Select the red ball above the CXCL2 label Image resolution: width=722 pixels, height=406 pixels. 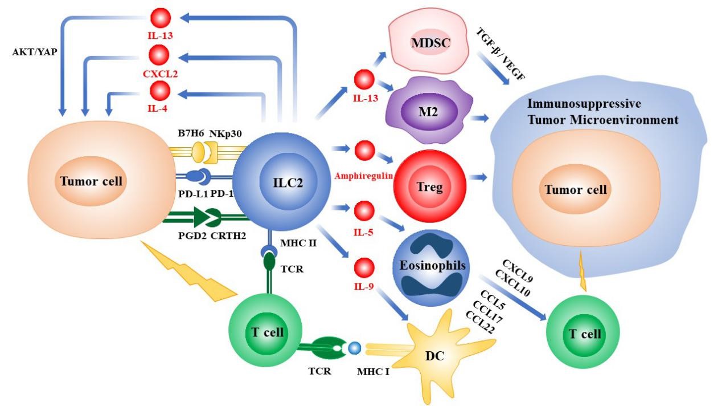[159, 55]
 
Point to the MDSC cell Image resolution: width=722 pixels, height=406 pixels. [429, 44]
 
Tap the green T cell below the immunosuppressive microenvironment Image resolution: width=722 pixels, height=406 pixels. [584, 333]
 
